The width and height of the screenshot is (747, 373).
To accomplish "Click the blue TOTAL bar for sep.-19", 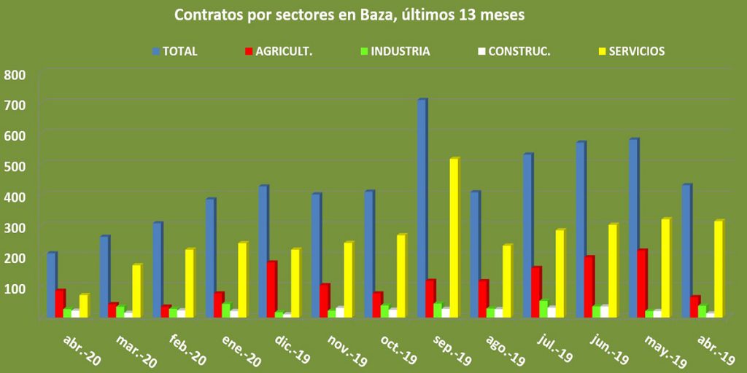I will pos(421,208).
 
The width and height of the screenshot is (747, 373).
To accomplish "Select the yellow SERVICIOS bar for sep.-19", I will pos(454,237).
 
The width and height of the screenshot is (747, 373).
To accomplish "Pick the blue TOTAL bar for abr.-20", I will pos(51,285).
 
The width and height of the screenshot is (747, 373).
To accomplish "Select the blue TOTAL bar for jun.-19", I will pos(580,229).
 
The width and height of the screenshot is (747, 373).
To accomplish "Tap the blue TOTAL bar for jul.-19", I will pos(526,235).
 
